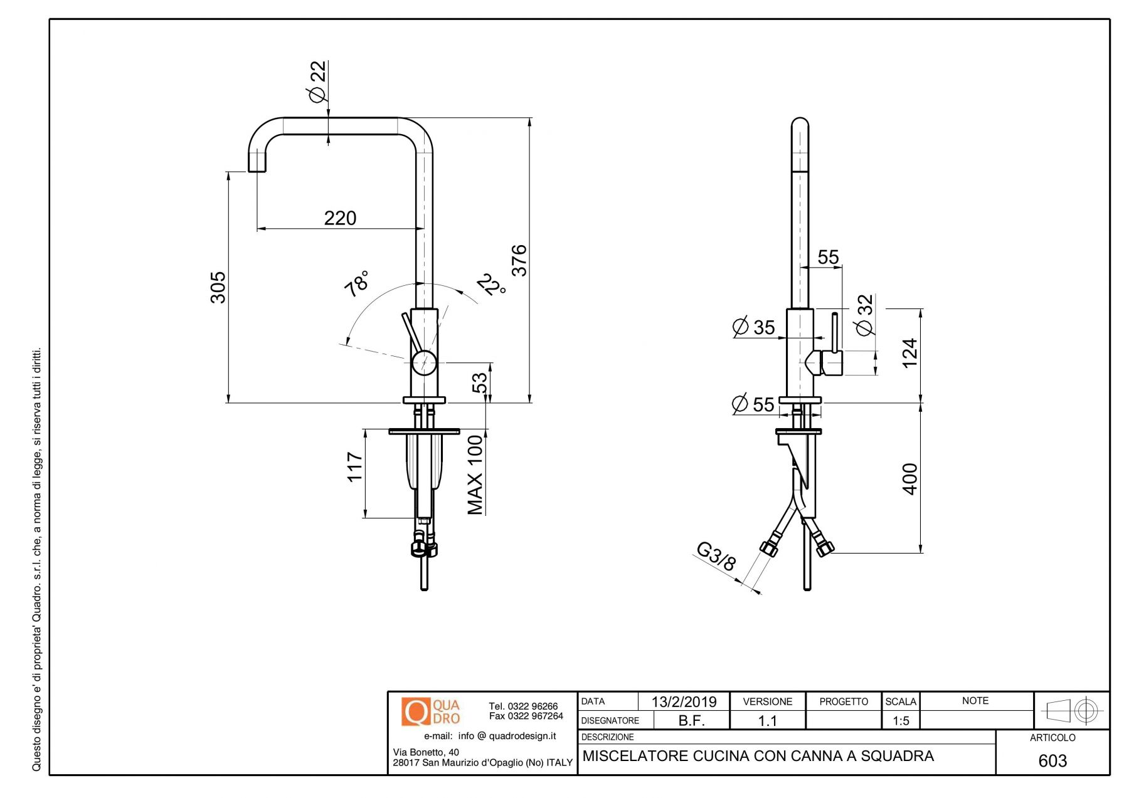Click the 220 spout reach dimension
click(340, 218)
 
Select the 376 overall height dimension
click(520, 260)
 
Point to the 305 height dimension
click(218, 288)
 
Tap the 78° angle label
click(356, 283)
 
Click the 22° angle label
click(492, 285)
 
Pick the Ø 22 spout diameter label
click(318, 81)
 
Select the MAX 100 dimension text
click(475, 475)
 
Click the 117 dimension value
click(355, 467)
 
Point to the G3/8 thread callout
click(716, 556)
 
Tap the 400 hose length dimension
click(910, 479)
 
